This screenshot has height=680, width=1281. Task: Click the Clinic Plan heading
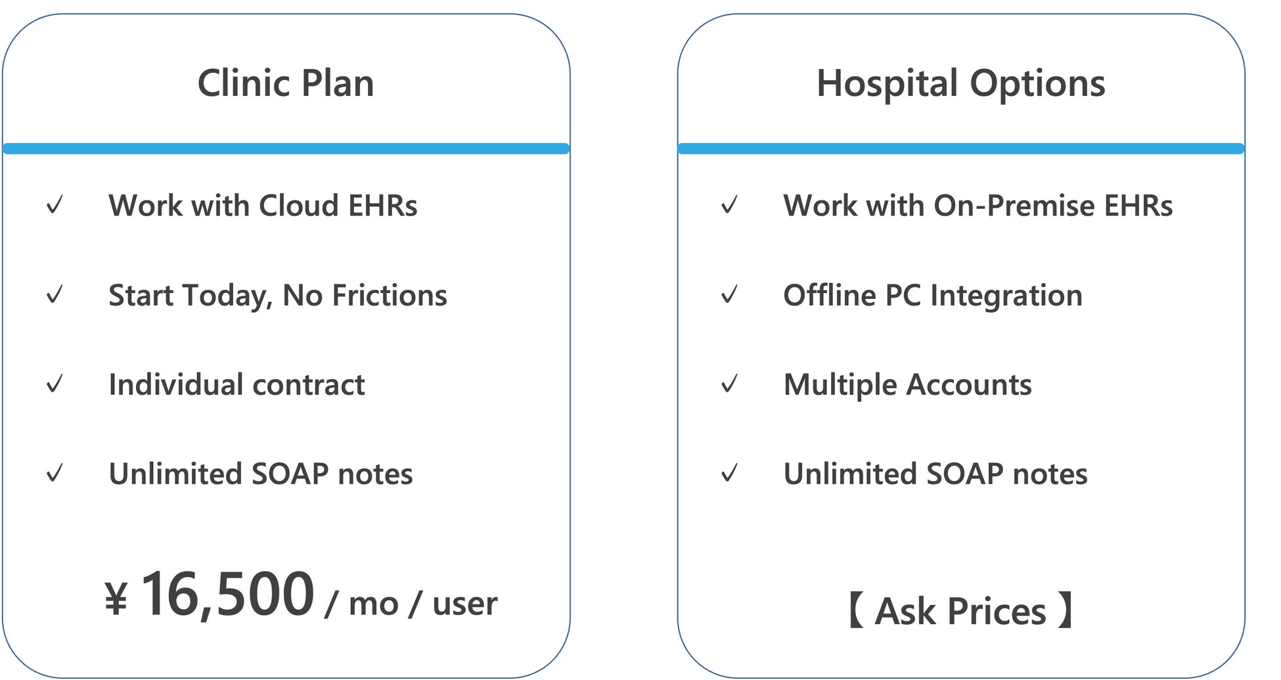point(286,83)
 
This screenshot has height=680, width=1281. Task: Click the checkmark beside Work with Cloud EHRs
point(55,205)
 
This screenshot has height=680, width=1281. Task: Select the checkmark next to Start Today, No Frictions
point(55,294)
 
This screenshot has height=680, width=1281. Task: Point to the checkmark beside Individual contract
point(55,384)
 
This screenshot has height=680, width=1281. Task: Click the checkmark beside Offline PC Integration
point(730,294)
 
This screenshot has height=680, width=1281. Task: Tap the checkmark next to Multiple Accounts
point(730,384)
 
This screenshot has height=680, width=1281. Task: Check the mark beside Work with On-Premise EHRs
point(730,205)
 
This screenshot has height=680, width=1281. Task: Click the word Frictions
point(390,295)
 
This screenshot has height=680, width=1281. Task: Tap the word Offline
point(830,295)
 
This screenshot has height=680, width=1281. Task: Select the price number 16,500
point(228,595)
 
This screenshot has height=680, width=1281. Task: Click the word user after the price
point(464,604)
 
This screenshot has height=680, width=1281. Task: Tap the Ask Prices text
point(960,611)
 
